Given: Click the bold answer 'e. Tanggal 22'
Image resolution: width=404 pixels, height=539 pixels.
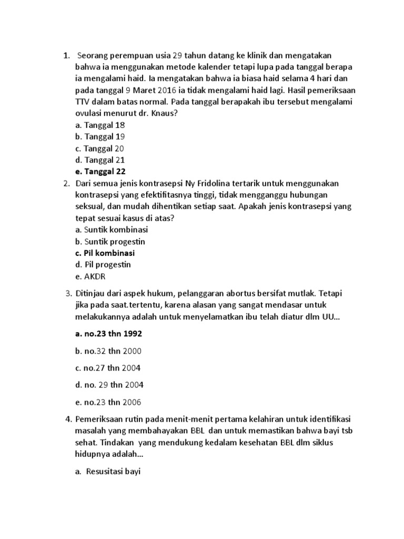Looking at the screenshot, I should [x=100, y=171].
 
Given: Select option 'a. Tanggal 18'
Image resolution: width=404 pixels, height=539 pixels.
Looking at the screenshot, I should [x=100, y=125].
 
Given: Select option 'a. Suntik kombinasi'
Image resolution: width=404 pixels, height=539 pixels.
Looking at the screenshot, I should [x=112, y=229].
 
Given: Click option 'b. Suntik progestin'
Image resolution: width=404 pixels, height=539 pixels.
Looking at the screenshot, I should [x=110, y=241].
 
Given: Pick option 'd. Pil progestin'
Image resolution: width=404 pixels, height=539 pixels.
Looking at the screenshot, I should [x=103, y=264].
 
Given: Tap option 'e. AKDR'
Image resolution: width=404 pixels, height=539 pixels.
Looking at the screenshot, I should [x=91, y=276].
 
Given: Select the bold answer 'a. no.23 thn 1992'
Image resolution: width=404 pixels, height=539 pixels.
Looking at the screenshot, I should [x=109, y=333].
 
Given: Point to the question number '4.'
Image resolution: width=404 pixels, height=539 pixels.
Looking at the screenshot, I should [x=68, y=420].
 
